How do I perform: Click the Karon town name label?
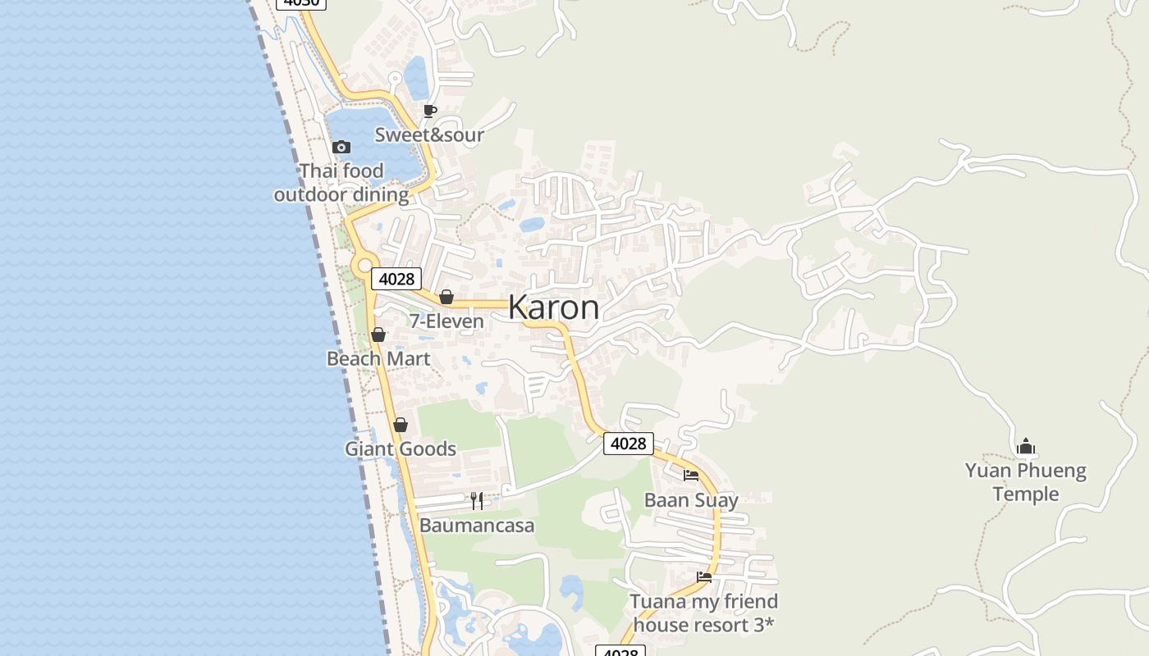tap(553, 307)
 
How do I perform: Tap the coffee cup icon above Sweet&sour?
tap(429, 111)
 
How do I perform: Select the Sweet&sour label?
tap(429, 135)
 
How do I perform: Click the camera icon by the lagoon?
tap(341, 148)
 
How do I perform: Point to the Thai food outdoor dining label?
tap(341, 183)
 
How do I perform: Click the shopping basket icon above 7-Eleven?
tap(446, 297)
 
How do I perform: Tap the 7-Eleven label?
tap(446, 321)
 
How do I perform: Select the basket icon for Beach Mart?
tap(378, 335)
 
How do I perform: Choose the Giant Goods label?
tap(401, 449)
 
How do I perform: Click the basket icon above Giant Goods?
tap(401, 425)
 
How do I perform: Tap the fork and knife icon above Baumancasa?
tap(477, 500)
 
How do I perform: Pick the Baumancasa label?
tap(477, 526)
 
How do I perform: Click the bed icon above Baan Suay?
tap(691, 475)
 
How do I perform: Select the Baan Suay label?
tap(691, 500)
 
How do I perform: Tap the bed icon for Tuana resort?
tap(704, 577)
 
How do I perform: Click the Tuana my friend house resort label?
tap(704, 613)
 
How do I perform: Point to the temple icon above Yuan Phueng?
tap(1025, 447)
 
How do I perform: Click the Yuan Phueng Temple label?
tap(1025, 482)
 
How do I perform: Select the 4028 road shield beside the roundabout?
tap(396, 279)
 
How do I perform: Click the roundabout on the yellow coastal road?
tap(365, 266)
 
